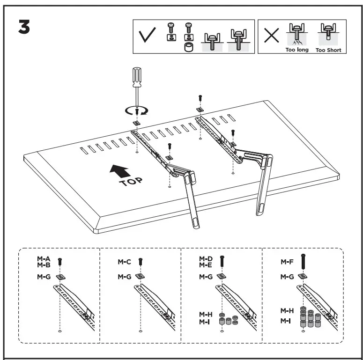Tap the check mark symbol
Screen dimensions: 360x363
coord(148,37)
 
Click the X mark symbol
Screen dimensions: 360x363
coord(271,37)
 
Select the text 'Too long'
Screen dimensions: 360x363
coord(297,50)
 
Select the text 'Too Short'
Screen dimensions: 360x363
coord(328,50)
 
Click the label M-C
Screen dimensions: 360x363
coord(124,262)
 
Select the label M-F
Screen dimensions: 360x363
coord(287,262)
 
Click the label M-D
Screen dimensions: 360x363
coord(206,259)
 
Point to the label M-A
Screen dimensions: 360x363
coord(44,259)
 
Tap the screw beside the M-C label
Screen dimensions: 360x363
coord(141,262)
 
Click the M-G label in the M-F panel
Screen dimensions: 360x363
coord(287,277)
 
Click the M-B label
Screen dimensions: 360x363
coord(44,265)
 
